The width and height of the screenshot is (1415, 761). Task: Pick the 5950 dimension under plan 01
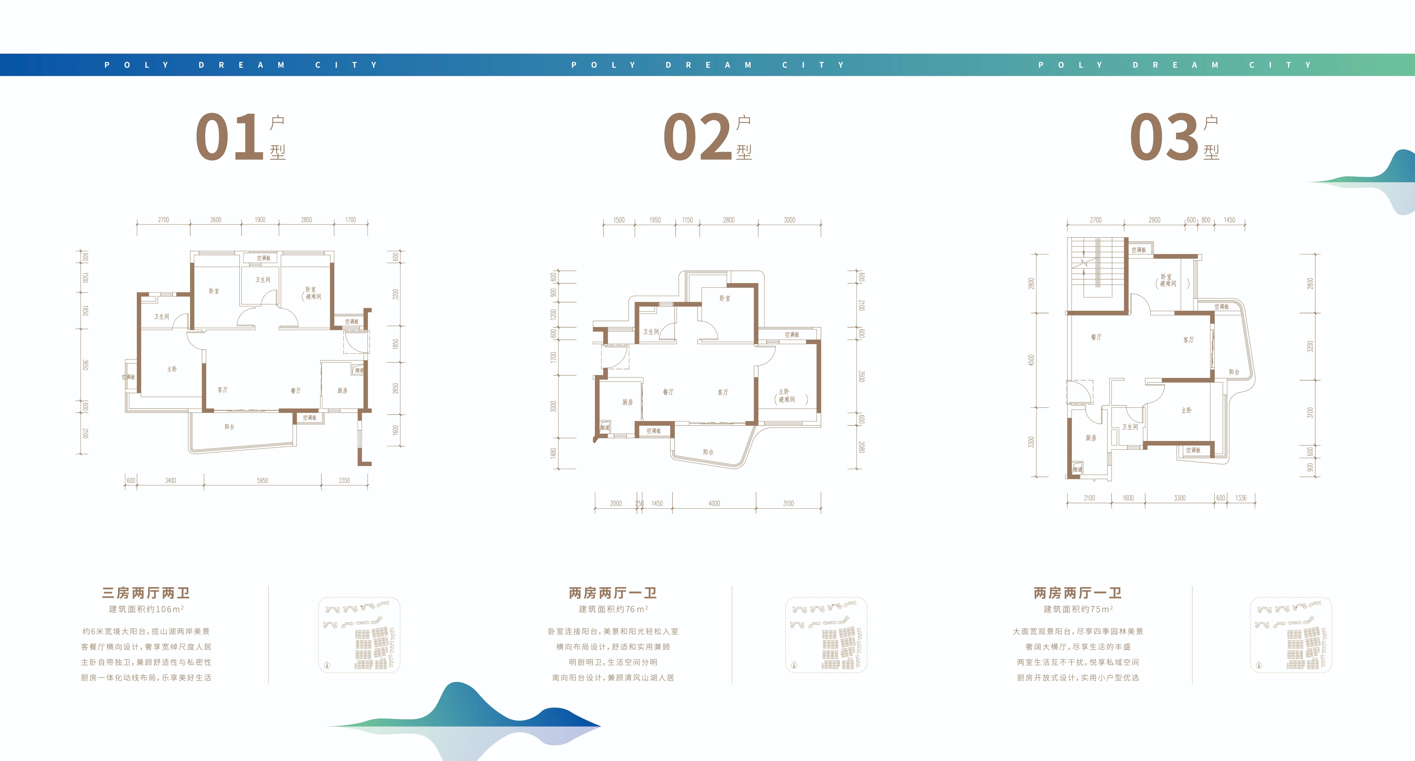tap(263, 481)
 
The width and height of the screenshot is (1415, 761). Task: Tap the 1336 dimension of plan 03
tap(1241, 498)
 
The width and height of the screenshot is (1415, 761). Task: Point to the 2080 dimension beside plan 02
tap(861, 447)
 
